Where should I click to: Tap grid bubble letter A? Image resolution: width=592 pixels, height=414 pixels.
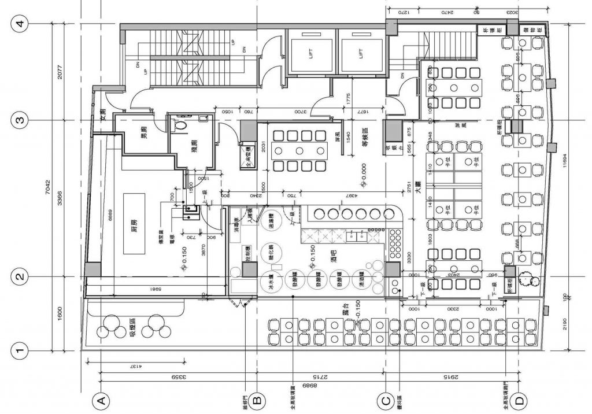[x=100, y=400]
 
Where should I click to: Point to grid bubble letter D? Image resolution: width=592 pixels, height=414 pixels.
[x=521, y=400]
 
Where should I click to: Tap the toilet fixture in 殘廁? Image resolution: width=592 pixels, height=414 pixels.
[x=181, y=124]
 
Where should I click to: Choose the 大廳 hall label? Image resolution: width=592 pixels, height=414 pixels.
[x=416, y=188]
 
